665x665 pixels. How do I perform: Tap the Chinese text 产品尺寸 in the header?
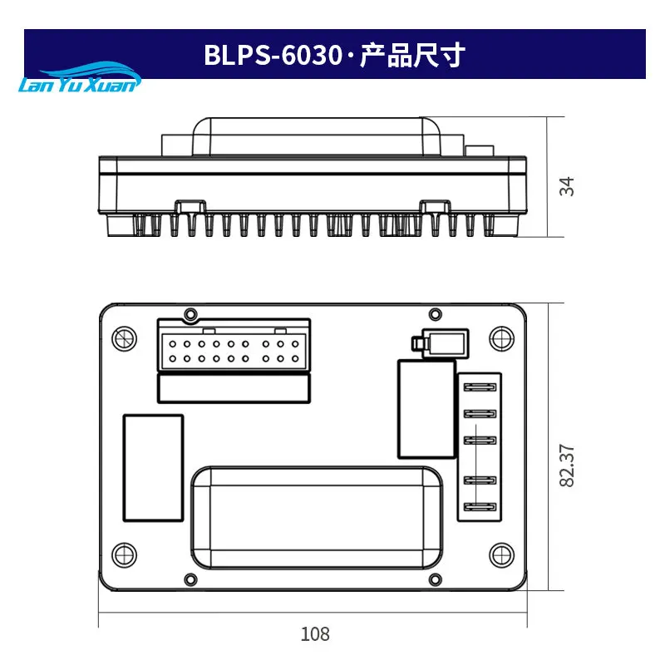click(412, 56)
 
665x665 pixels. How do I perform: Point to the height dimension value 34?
click(567, 186)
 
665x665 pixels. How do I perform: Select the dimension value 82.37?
click(567, 465)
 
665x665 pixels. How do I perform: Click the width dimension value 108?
click(315, 634)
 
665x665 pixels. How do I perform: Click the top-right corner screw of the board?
click(499, 337)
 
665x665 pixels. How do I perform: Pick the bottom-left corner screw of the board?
click(123, 553)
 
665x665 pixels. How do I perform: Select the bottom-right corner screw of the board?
click(499, 553)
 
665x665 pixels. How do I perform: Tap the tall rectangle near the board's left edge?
click(153, 468)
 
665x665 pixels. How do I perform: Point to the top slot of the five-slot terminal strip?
click(478, 387)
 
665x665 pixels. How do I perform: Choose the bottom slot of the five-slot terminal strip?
click(478, 508)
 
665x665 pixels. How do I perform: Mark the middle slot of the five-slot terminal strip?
click(478, 441)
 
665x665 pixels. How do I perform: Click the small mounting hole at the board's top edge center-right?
click(433, 313)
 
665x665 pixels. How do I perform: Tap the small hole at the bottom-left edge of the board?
click(190, 579)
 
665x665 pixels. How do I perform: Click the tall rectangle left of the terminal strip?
click(426, 407)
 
